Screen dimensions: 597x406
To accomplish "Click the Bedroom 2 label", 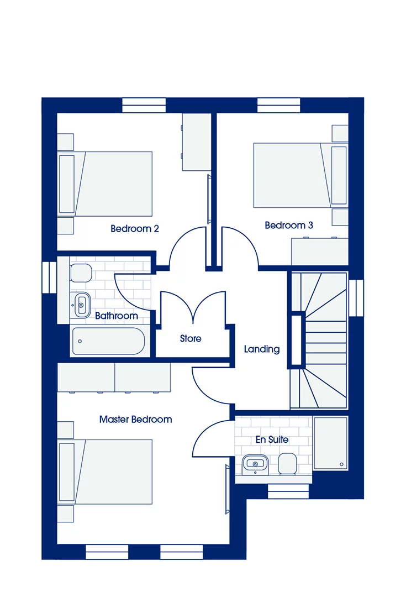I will click(135, 228).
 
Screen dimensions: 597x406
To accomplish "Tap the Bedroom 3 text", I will click(289, 225).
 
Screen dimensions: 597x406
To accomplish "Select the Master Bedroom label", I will click(135, 420).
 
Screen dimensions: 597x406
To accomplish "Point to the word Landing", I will click(262, 349).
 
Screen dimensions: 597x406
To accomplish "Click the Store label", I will click(191, 338).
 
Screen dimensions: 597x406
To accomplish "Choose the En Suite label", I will click(272, 439).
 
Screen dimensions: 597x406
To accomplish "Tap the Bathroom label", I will click(116, 316).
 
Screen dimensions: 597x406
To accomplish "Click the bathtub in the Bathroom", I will click(108, 341).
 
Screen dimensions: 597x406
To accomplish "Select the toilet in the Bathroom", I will click(81, 273).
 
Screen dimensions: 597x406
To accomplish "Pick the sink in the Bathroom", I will click(81, 303).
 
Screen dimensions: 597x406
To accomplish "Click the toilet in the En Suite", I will click(287, 464).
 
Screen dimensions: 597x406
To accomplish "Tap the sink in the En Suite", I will click(255, 464).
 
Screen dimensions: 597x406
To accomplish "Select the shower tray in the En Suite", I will click(330, 442).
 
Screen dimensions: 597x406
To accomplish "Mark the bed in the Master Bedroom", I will click(113, 472).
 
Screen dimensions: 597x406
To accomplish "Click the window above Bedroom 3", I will click(279, 105).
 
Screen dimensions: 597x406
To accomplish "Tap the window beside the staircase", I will click(357, 297).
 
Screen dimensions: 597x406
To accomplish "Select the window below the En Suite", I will click(288, 491).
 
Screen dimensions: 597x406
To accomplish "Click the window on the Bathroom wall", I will click(49, 276).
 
